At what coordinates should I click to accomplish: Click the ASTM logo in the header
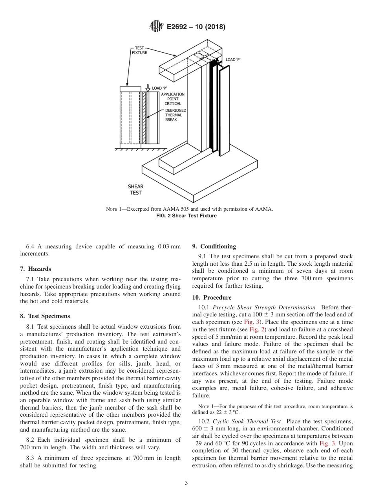coord(156,27)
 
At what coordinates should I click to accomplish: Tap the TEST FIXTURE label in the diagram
coord(139,50)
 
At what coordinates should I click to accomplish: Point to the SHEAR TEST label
coord(135,189)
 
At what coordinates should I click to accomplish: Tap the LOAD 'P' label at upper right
coord(233,60)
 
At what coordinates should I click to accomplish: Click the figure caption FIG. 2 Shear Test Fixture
coord(186,216)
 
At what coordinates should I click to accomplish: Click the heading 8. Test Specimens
coord(45,316)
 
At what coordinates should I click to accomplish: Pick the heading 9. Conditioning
coord(214,246)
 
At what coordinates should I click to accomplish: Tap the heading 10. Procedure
coord(212,298)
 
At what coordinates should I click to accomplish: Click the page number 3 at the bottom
coord(186,483)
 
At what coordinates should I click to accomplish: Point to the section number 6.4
coord(31,246)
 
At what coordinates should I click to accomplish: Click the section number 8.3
coord(31,458)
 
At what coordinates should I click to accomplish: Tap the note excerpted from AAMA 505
coord(189,209)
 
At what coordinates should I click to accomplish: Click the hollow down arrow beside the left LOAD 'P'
coord(148,88)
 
